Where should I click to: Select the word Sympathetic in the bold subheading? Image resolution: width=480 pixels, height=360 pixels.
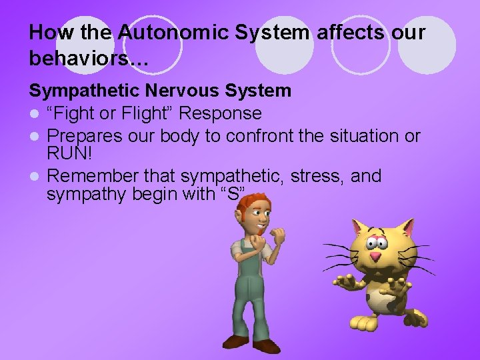point(82,90)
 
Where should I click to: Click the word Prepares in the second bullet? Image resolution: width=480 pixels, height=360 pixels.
point(85,136)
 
